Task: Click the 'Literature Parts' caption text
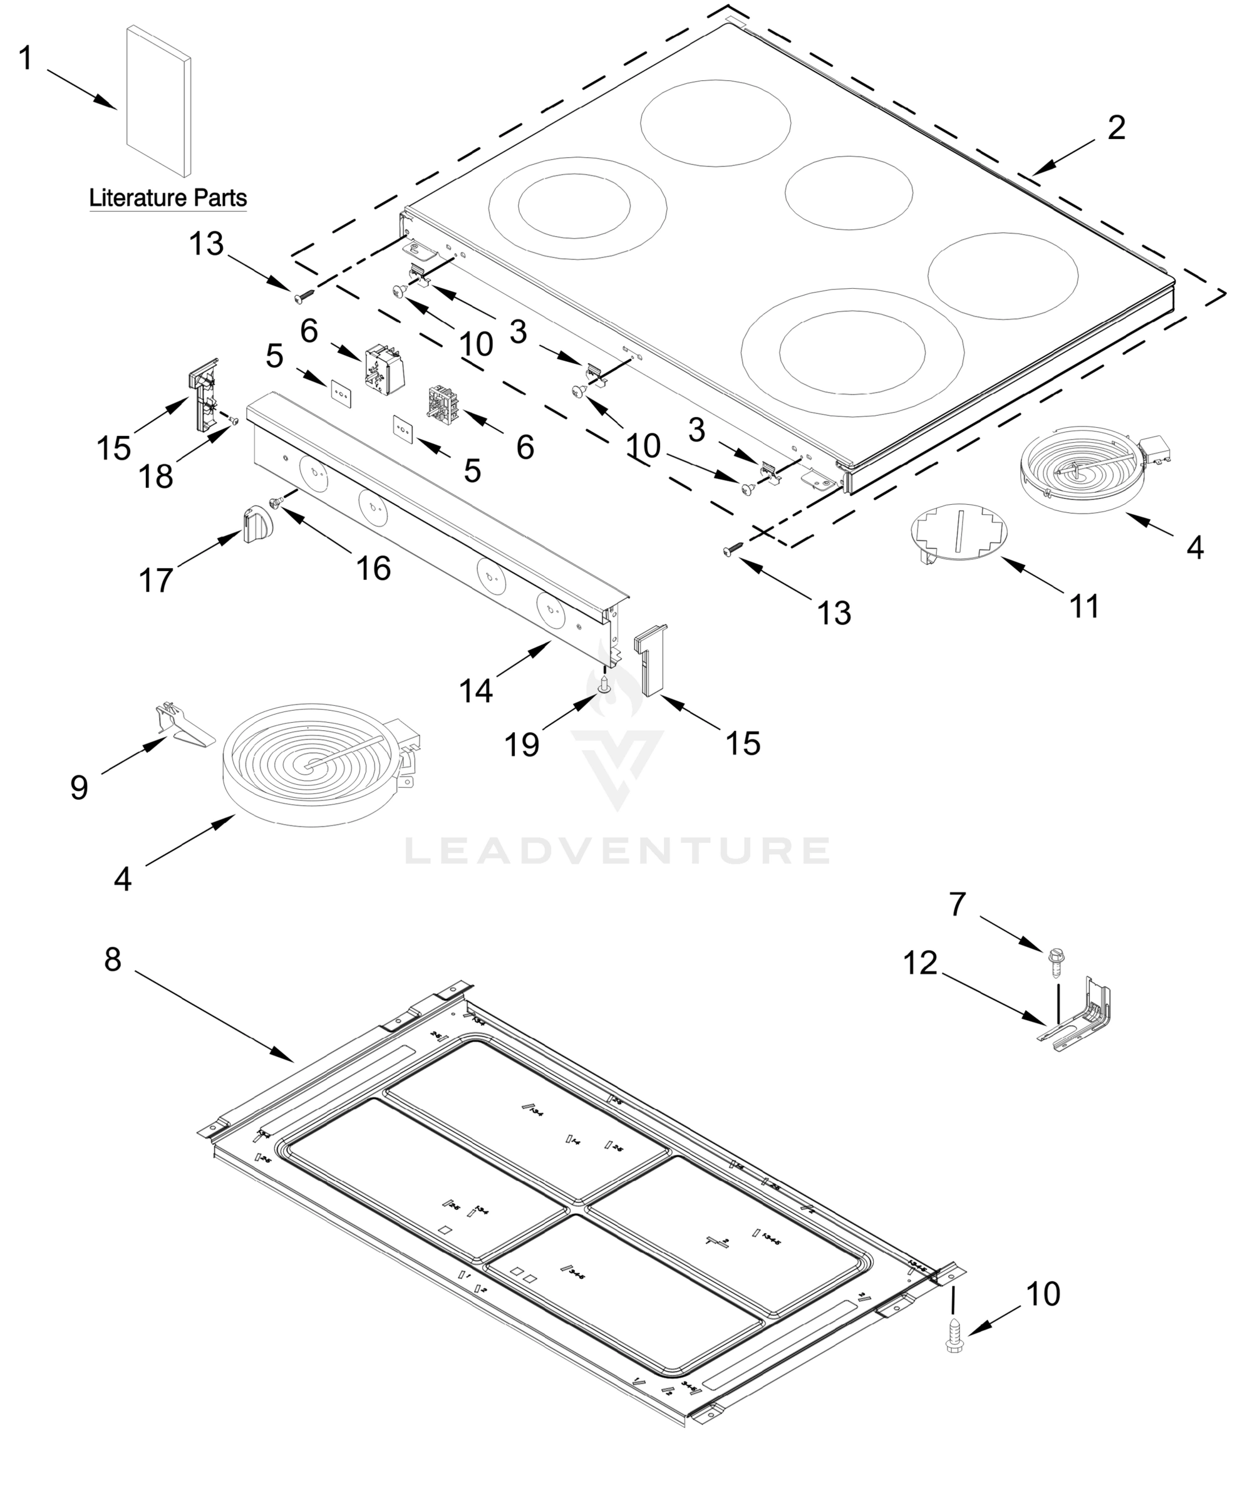(168, 198)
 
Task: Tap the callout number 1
(26, 58)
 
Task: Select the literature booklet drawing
(158, 101)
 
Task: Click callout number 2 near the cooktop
(1116, 128)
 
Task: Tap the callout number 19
(522, 745)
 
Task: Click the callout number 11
(1084, 606)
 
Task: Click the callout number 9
(79, 787)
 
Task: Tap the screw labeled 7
(1055, 963)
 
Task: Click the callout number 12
(921, 964)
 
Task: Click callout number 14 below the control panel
(476, 690)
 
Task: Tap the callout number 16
(373, 569)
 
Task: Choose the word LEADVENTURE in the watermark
(617, 850)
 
